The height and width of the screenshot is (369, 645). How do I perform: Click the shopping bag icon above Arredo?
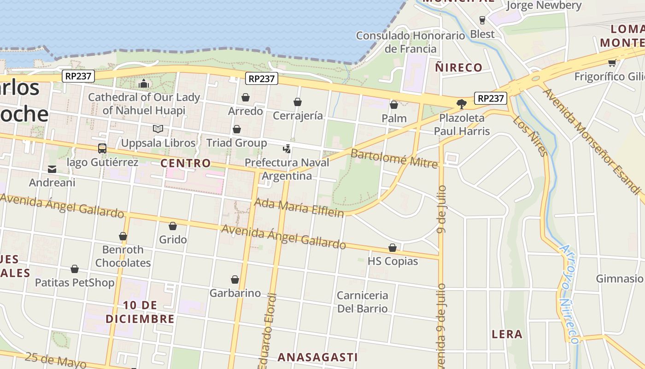pos(246,97)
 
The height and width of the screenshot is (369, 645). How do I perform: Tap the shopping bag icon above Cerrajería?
pos(298,102)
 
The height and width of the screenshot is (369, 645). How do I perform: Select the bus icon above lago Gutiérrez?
pos(102,149)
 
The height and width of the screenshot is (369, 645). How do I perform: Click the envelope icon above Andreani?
pos(52,169)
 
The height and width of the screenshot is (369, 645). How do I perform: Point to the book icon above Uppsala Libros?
pos(158,129)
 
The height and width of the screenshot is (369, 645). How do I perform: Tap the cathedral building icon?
pos(144,83)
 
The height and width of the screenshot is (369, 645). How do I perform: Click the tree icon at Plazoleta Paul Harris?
pos(461,104)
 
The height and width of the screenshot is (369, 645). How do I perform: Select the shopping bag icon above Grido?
pos(173,226)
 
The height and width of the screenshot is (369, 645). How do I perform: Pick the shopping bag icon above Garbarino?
pos(235,280)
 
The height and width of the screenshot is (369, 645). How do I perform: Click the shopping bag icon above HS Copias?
pos(393,248)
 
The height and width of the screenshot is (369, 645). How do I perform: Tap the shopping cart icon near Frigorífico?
pos(612,63)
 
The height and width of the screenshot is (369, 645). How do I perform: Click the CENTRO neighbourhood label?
pos(186,163)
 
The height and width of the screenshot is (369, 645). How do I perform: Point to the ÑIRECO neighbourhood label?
pos(458,67)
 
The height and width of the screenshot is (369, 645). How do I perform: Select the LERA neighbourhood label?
pos(507,334)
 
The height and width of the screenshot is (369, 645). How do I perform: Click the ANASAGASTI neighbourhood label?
pos(317,357)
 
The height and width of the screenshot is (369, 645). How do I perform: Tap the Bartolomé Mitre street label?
pos(394,157)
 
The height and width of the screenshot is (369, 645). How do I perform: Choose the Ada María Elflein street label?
pos(299,208)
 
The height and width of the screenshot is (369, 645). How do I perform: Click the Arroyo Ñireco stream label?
pos(569,295)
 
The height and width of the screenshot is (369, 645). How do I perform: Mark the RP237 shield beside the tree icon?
pos(491,98)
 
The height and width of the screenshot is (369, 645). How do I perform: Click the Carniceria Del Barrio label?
pos(362,302)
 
